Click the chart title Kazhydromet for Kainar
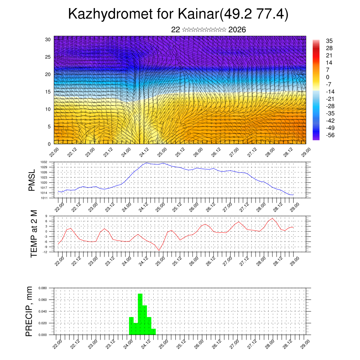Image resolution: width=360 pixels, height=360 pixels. tap(178, 14)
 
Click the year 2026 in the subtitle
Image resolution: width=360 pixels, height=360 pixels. tap(237, 30)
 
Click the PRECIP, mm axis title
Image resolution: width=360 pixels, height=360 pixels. tap(30, 311)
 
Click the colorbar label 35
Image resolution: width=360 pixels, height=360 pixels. tap(329, 41)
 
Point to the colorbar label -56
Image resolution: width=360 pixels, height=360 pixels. tap(330, 135)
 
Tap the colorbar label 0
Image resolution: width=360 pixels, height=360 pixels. tap(328, 77)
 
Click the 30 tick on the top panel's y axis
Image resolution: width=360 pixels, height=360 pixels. tap(48, 39)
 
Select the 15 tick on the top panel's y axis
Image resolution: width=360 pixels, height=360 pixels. tap(48, 92)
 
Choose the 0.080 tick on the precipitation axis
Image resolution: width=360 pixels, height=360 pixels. tap(43, 288)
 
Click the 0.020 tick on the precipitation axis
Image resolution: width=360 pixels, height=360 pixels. tap(43, 323)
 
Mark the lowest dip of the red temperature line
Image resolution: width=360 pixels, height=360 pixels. tap(159, 250)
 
